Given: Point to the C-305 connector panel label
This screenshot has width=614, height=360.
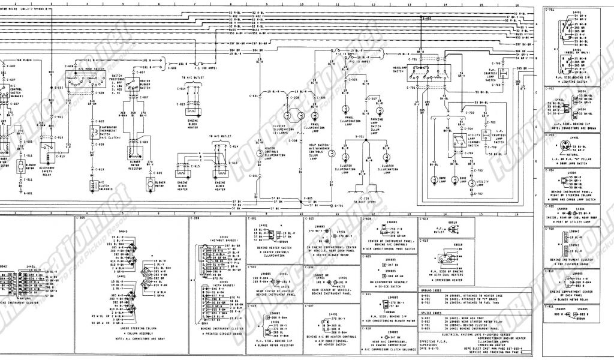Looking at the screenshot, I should coord(82,218).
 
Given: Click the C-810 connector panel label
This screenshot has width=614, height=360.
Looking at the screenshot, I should coord(551,271).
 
